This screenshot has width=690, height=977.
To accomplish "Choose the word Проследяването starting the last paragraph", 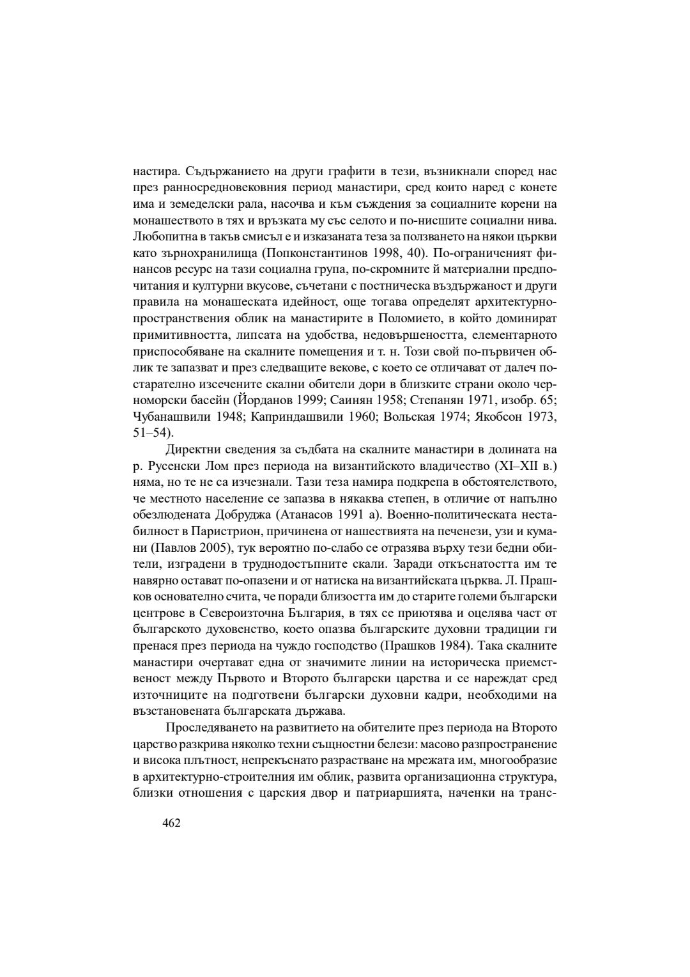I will (211, 728).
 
